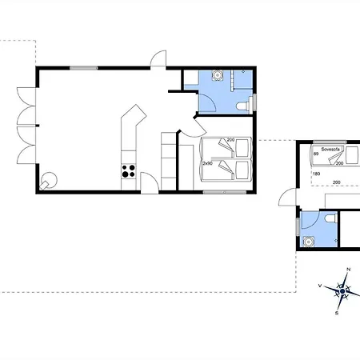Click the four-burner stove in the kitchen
(x=127, y=170)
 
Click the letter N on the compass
(x=348, y=270)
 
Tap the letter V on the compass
(x=320, y=285)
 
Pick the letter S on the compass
(x=338, y=314)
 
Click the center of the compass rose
(x=342, y=290)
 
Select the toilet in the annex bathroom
(x=330, y=219)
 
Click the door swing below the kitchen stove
(x=149, y=182)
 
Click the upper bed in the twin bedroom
(x=228, y=149)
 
